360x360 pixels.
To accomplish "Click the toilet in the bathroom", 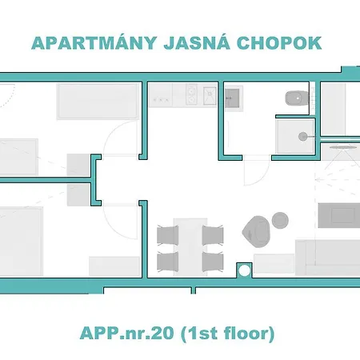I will [294, 98].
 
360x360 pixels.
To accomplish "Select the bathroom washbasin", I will [234, 98].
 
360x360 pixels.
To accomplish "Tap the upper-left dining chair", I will [168, 234].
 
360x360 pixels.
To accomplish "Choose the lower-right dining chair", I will [213, 261].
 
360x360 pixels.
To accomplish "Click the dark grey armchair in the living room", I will [258, 230].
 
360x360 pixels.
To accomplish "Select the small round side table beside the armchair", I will [280, 219].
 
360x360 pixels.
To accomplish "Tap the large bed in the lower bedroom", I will [20, 237].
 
